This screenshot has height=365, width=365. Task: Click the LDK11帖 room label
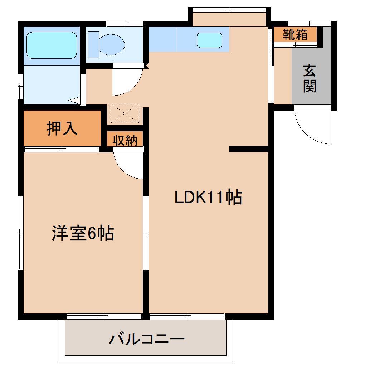208,197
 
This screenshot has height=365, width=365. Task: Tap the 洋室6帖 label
83,234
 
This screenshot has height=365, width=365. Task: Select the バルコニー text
146,339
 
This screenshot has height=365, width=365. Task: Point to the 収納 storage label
125,140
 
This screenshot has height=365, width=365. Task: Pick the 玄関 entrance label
310,79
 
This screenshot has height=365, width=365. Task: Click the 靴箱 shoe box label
295,34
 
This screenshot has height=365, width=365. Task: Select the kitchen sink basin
209,40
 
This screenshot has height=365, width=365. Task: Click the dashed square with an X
125,113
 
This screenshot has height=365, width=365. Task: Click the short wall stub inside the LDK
248,149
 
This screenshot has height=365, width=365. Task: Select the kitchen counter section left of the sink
163,39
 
